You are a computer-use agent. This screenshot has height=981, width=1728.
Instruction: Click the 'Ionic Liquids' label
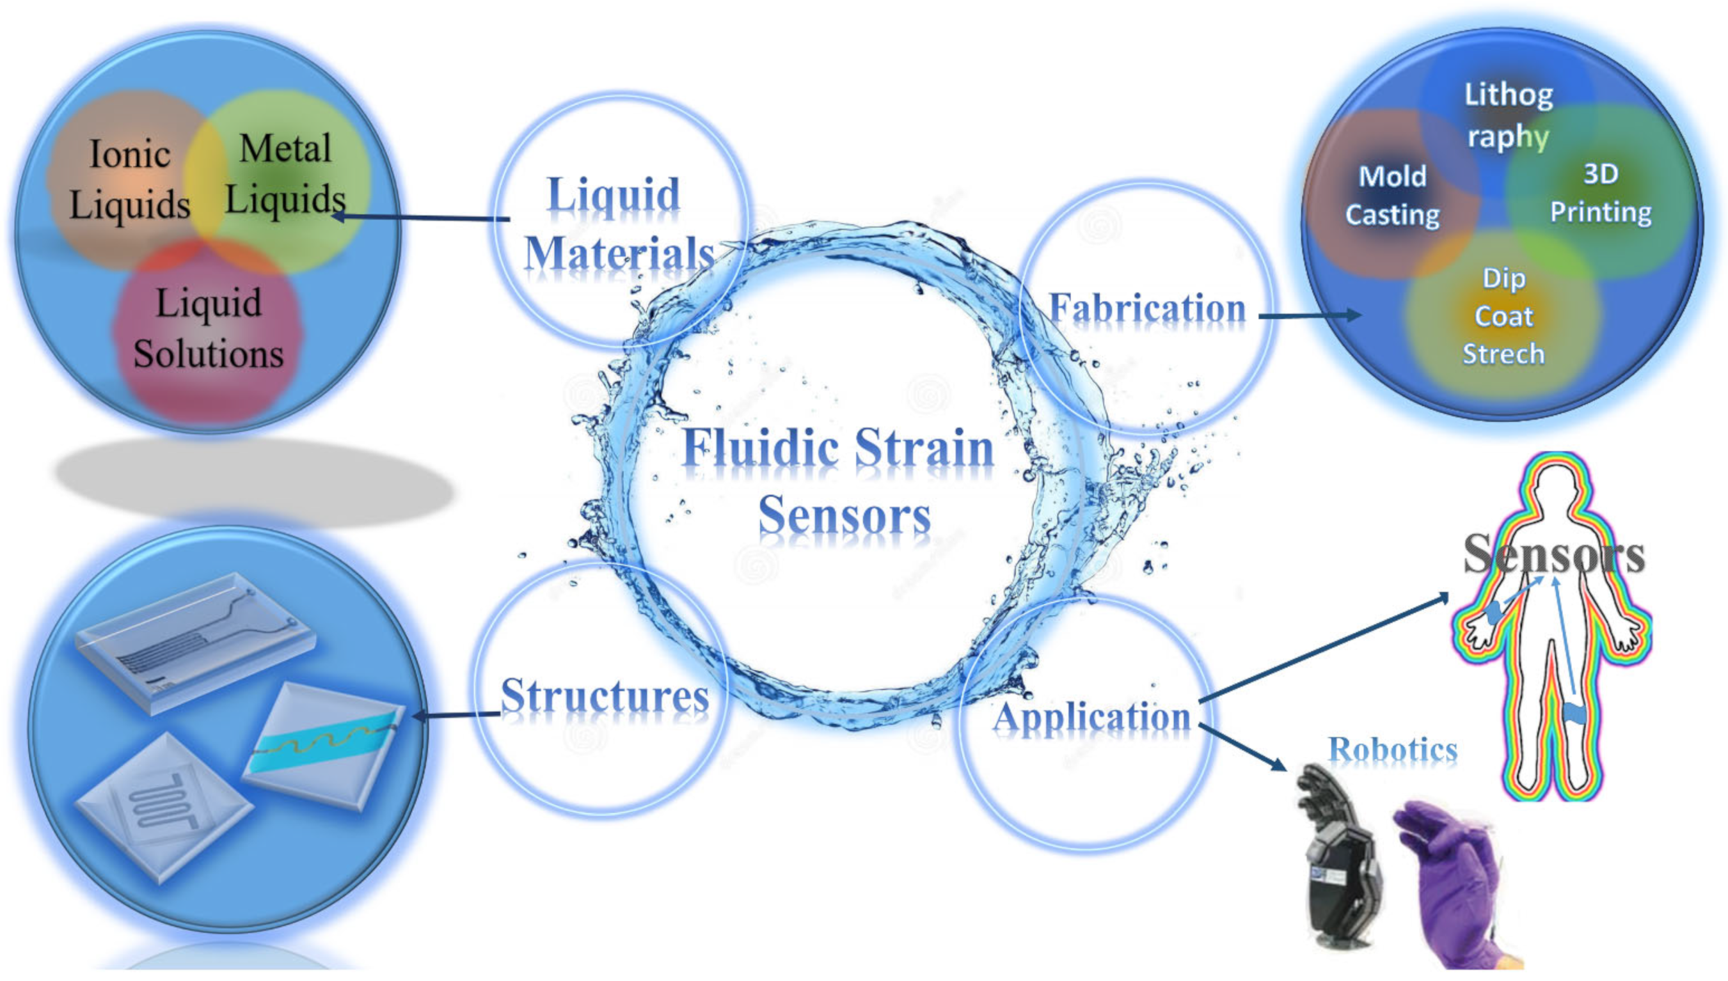click(129, 179)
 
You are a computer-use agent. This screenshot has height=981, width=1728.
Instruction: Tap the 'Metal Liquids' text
click(285, 174)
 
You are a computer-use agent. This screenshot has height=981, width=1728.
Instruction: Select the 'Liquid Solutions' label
click(209, 328)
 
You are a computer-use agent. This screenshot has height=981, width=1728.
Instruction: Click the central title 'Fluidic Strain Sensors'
click(840, 480)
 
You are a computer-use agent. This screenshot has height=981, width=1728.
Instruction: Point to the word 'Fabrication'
click(1147, 309)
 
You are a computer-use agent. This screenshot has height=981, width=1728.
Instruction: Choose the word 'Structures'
click(605, 695)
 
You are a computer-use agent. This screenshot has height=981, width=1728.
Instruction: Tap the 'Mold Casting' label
click(1392, 196)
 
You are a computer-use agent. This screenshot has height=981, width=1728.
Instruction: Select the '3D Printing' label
click(1601, 192)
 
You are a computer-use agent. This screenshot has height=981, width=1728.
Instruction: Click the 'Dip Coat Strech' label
click(1503, 316)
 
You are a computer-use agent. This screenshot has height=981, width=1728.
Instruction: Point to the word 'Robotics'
click(1392, 749)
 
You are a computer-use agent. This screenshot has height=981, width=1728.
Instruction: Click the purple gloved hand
click(1449, 876)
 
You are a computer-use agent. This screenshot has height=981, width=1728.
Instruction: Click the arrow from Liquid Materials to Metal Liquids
click(421, 217)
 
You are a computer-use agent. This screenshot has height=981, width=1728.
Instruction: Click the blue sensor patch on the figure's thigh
click(1574, 713)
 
